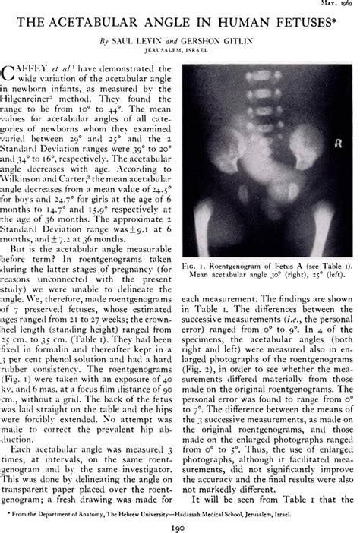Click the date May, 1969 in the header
pos(334,3)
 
